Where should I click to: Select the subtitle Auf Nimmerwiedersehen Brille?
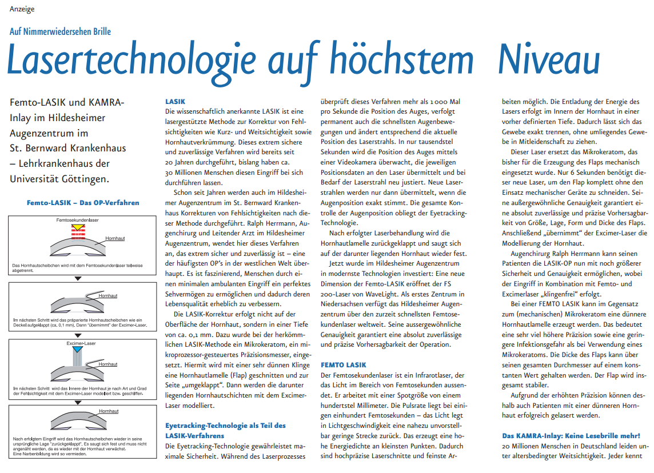[60, 31]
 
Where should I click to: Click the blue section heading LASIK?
[175, 101]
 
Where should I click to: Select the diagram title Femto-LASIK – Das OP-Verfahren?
[83, 202]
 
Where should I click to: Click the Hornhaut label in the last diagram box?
[108, 411]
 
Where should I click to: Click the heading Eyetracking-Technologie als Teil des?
[225, 426]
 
